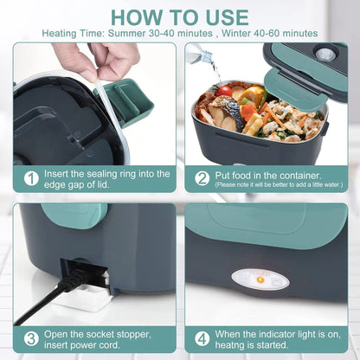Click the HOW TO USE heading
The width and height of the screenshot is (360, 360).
coord(179,17)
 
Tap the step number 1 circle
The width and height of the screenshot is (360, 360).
coord(31,178)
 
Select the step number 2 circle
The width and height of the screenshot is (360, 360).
coord(202,178)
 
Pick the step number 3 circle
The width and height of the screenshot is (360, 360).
coord(31,338)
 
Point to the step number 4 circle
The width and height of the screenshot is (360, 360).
coord(202,338)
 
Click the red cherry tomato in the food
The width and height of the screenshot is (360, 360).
coord(226,90)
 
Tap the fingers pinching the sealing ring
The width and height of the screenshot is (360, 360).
coord(95,59)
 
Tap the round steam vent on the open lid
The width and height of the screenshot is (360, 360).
coord(326,54)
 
